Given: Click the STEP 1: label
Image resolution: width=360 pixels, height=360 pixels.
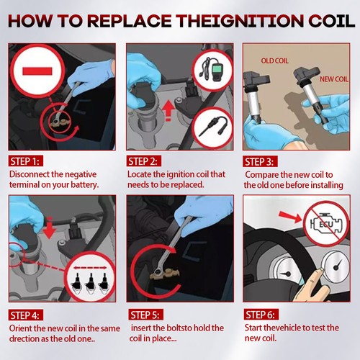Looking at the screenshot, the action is (26, 161).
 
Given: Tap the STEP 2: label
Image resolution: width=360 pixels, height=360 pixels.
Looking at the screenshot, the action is (143, 161).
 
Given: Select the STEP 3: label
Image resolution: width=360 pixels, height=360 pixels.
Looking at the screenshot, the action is (260, 161).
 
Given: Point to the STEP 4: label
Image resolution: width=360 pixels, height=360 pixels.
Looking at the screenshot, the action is (26, 315).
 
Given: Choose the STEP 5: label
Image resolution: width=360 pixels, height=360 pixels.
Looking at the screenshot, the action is (145, 315).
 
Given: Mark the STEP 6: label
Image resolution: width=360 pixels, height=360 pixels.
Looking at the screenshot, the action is (261, 314).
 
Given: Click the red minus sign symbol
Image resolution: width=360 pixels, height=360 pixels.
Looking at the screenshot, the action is (37, 71).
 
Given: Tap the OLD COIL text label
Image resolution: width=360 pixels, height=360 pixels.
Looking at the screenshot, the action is (274, 60).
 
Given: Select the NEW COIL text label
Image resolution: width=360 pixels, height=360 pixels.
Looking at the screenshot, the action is (334, 79).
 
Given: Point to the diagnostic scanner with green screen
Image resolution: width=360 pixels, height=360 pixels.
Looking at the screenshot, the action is (212, 70).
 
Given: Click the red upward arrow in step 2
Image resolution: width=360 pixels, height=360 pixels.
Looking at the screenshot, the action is (168, 110).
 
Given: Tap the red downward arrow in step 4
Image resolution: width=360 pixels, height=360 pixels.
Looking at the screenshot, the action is (50, 228).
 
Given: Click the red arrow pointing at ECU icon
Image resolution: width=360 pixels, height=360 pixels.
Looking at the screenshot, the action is (290, 216).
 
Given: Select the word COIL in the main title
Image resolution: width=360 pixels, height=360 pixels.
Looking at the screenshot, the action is (331, 21).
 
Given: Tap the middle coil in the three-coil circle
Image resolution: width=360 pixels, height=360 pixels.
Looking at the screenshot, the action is (91, 283).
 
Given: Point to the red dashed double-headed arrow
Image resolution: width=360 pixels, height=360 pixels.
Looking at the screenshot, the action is (90, 268).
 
